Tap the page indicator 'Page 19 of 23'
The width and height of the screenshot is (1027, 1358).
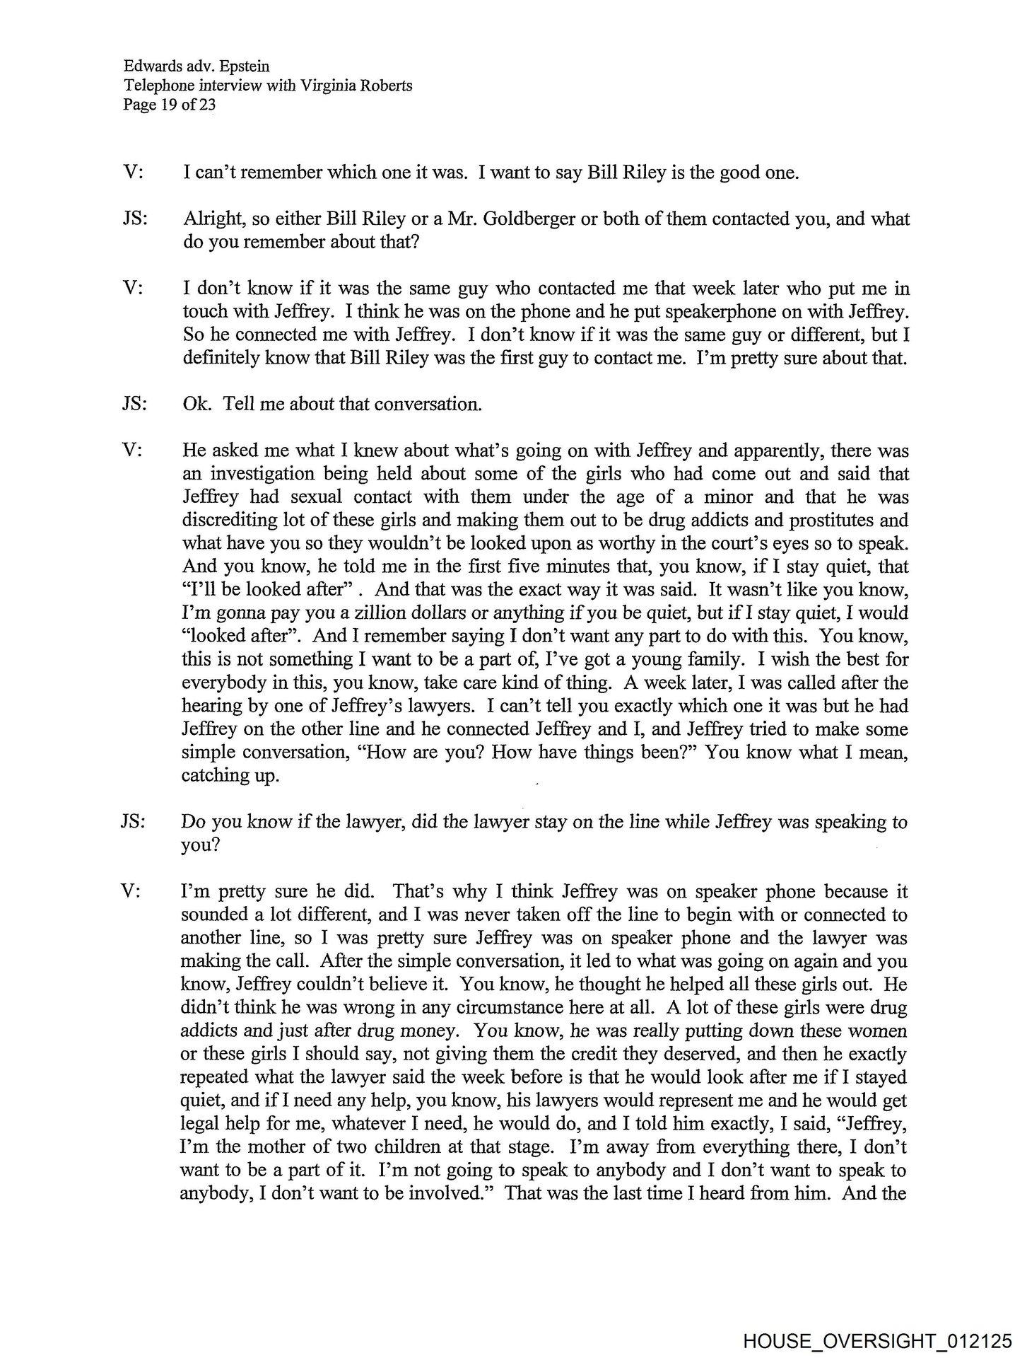pyautogui.click(x=169, y=105)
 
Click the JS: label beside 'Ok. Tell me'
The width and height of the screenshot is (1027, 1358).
pyautogui.click(x=134, y=405)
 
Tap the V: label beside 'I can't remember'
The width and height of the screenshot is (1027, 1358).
pyautogui.click(x=132, y=173)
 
